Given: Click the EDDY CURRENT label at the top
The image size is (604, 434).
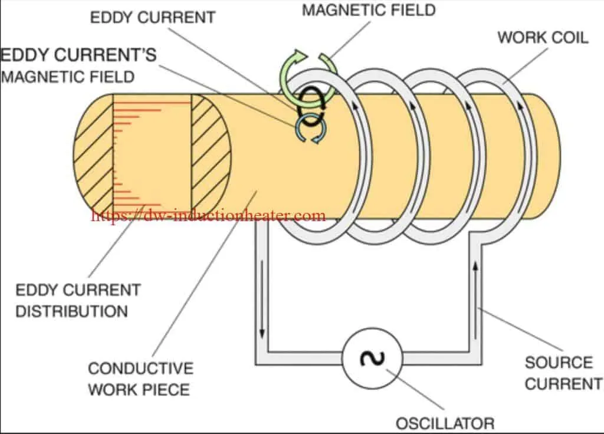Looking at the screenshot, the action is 153,18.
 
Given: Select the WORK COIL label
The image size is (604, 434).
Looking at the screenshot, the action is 543,38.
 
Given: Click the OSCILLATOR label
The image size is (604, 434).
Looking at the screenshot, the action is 445,423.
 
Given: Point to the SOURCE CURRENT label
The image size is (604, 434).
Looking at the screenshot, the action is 563,373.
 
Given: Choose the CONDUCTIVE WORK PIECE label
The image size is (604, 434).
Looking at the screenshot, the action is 140,379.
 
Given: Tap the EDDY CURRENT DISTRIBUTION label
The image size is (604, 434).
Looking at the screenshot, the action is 78,300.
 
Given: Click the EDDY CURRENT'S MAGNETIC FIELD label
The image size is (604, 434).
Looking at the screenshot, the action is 78,65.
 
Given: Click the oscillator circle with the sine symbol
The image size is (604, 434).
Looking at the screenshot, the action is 372,359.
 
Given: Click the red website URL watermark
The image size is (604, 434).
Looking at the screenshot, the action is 208,215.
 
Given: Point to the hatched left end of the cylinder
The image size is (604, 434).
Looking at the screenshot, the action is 93,154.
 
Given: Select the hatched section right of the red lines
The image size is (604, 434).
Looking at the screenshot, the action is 211,153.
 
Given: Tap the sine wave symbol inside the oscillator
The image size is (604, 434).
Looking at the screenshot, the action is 372,359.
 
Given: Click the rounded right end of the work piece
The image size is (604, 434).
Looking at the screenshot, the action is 547,156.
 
